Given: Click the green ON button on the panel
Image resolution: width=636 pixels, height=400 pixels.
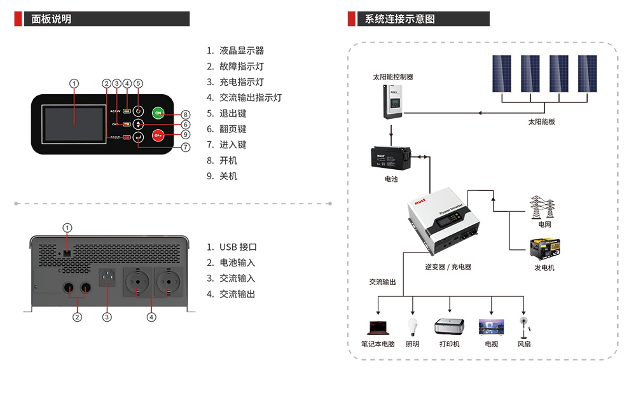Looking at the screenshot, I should click(158, 113).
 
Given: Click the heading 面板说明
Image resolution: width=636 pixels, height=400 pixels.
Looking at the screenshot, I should click(52, 19).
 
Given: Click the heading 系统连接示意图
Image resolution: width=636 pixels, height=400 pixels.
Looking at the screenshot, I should click(400, 19).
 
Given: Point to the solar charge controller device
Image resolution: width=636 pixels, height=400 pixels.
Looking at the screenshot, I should click(395, 101).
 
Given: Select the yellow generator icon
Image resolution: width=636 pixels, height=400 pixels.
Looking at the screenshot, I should click(544, 249).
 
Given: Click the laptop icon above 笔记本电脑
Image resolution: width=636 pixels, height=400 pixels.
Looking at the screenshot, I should click(377, 328).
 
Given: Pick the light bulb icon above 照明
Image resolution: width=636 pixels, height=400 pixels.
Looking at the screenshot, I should click(412, 327).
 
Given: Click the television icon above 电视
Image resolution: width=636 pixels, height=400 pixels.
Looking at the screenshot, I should click(491, 327).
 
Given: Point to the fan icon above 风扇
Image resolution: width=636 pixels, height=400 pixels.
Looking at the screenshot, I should click(524, 327).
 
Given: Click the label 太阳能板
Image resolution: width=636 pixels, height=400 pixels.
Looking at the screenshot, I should click(541, 121).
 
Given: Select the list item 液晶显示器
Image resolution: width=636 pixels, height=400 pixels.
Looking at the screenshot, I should click(241, 51).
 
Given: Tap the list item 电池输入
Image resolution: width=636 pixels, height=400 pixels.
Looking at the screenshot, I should click(237, 263).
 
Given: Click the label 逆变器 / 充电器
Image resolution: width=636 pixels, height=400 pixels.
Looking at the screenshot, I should click(448, 267).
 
